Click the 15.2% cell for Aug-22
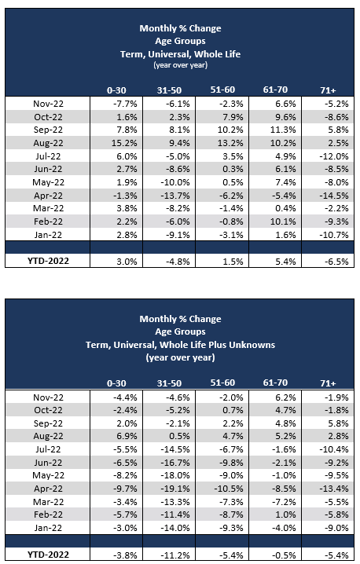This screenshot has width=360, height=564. coord(124,143)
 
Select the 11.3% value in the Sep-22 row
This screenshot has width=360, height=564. coord(283,130)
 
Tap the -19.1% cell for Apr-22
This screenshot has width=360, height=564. coord(175,489)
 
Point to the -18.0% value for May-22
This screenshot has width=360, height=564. coord(175,475)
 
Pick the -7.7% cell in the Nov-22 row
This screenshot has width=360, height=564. coord(125,104)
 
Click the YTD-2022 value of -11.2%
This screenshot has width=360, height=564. coord(175,555)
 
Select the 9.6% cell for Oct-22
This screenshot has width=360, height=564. coord(285,117)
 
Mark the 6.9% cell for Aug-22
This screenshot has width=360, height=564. coord(127,436)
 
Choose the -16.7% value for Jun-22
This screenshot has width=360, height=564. coord(175,462)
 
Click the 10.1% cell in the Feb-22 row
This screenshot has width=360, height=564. coord(283,222)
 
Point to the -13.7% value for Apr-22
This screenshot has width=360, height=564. coord(175,196)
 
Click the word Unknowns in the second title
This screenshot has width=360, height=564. coord(252,345)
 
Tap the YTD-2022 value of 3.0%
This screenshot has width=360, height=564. coord(127,262)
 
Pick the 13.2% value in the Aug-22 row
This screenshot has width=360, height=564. coord(230,143)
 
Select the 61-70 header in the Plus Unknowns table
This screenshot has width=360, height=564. coord(275,383)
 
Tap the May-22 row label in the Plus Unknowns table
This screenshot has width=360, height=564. coord(48,475)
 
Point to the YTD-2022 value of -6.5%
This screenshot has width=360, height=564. coord(336,262)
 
